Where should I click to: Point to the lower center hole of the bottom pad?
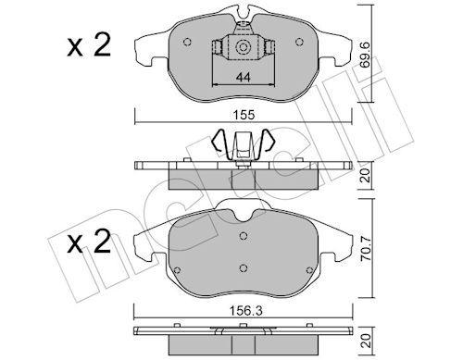(243, 268)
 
